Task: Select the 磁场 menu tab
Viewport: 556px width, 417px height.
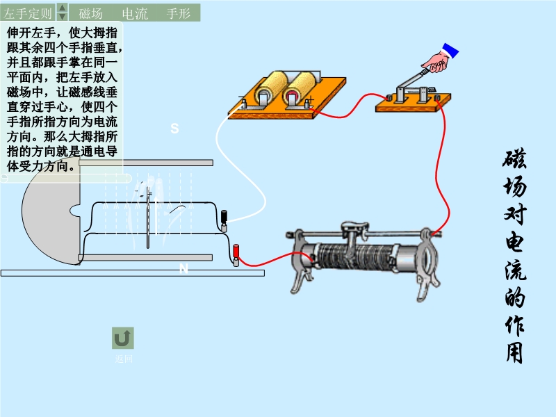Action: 91,13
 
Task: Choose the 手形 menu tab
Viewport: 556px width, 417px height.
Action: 179,13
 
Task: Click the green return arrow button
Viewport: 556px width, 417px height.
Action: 123,338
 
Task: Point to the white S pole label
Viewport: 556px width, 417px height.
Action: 174,129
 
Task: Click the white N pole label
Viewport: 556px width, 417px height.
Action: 183,269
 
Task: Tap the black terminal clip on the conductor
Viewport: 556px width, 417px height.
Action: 224,218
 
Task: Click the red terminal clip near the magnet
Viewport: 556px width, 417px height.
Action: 236,253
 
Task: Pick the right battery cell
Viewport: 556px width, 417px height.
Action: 300,88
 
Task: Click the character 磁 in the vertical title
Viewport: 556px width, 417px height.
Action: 514,162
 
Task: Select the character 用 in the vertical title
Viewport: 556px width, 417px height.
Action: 514,351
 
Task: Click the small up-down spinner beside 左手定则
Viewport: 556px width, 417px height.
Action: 62,12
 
